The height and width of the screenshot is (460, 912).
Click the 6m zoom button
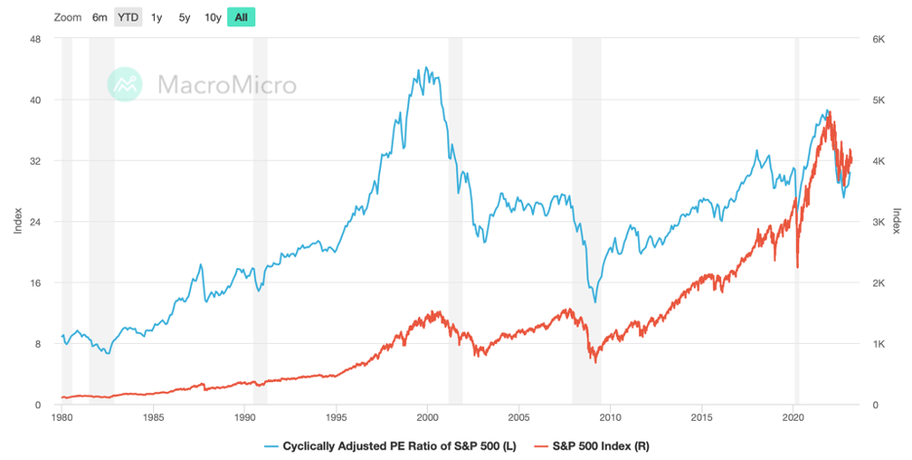click(100, 18)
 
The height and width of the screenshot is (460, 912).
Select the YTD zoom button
click(128, 18)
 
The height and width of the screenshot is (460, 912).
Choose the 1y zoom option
click(157, 18)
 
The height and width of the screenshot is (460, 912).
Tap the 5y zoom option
click(184, 18)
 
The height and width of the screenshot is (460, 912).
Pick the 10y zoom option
click(212, 18)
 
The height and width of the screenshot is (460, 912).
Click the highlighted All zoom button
click(241, 18)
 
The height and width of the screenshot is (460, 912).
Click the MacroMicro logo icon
click(125, 85)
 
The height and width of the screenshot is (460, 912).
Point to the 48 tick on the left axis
click(34, 39)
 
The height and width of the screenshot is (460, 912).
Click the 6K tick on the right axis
click(877, 39)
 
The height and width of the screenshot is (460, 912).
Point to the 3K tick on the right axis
click(877, 222)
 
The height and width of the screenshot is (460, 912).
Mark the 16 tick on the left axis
click(34, 284)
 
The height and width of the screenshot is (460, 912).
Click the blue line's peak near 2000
click(426, 68)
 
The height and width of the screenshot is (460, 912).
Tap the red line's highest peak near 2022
click(829, 117)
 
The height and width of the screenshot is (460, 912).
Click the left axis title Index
click(17, 222)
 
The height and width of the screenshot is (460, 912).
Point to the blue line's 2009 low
click(594, 301)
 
